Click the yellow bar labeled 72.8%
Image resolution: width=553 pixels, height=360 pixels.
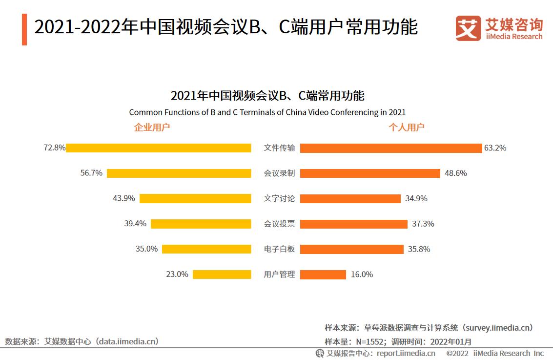click(159, 148)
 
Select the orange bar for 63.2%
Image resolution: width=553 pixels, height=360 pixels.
click(390, 148)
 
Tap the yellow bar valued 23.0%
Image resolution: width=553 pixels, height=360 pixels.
click(222, 275)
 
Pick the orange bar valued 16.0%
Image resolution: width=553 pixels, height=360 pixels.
click(323, 275)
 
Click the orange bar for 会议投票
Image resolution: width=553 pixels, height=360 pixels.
click(353, 224)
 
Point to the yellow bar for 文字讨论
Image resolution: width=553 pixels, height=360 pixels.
click(195, 198)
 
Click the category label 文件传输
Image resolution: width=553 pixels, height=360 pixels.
click(279, 148)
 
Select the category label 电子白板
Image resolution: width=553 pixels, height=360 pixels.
click(279, 249)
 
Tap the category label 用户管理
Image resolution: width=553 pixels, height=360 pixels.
click(279, 275)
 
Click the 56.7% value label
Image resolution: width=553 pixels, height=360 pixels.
click(91, 173)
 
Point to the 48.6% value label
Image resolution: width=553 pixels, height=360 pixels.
click(455, 173)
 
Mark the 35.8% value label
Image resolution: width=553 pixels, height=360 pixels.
click(419, 249)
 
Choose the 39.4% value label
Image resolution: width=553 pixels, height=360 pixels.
click(135, 224)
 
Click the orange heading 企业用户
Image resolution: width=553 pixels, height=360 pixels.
click(152, 127)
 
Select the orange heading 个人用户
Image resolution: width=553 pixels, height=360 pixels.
click(406, 127)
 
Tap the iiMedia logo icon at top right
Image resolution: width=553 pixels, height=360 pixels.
click(468, 28)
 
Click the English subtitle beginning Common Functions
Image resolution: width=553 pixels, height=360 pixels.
click(267, 112)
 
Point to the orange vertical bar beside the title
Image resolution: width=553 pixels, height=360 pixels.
click(24, 29)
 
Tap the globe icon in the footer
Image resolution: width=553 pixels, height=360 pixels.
click(320, 353)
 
